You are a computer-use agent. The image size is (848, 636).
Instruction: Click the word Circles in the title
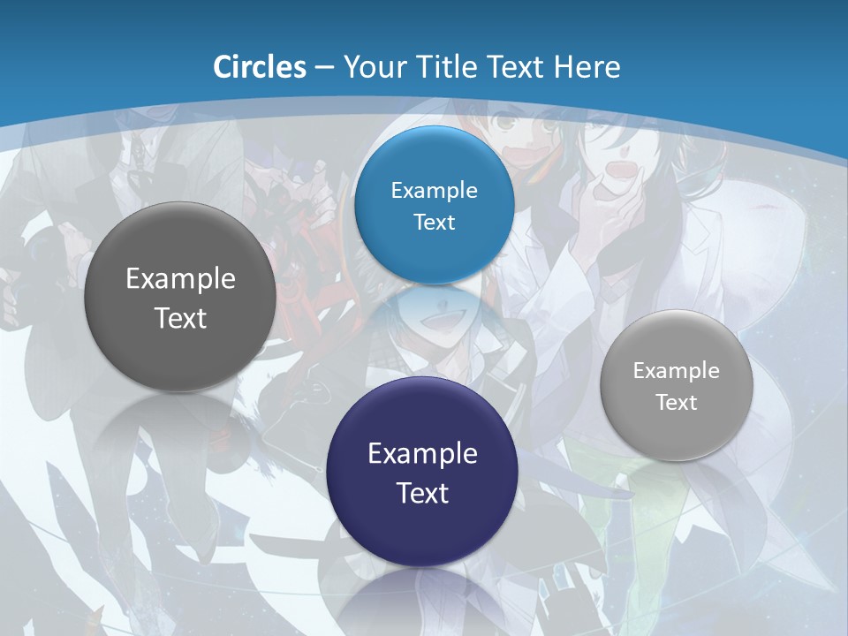[260, 67]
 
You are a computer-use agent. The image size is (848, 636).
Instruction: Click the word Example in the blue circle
[434, 190]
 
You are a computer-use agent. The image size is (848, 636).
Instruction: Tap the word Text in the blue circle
[434, 222]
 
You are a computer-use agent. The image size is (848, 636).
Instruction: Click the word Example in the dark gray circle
[180, 279]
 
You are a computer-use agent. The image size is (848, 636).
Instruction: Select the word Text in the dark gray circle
[180, 318]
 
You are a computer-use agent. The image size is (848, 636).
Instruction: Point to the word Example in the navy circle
[422, 454]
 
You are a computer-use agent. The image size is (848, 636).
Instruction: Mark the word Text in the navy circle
[422, 493]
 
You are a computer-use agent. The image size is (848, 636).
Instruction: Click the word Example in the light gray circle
[677, 370]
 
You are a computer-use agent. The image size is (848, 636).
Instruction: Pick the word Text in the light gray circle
[677, 402]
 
